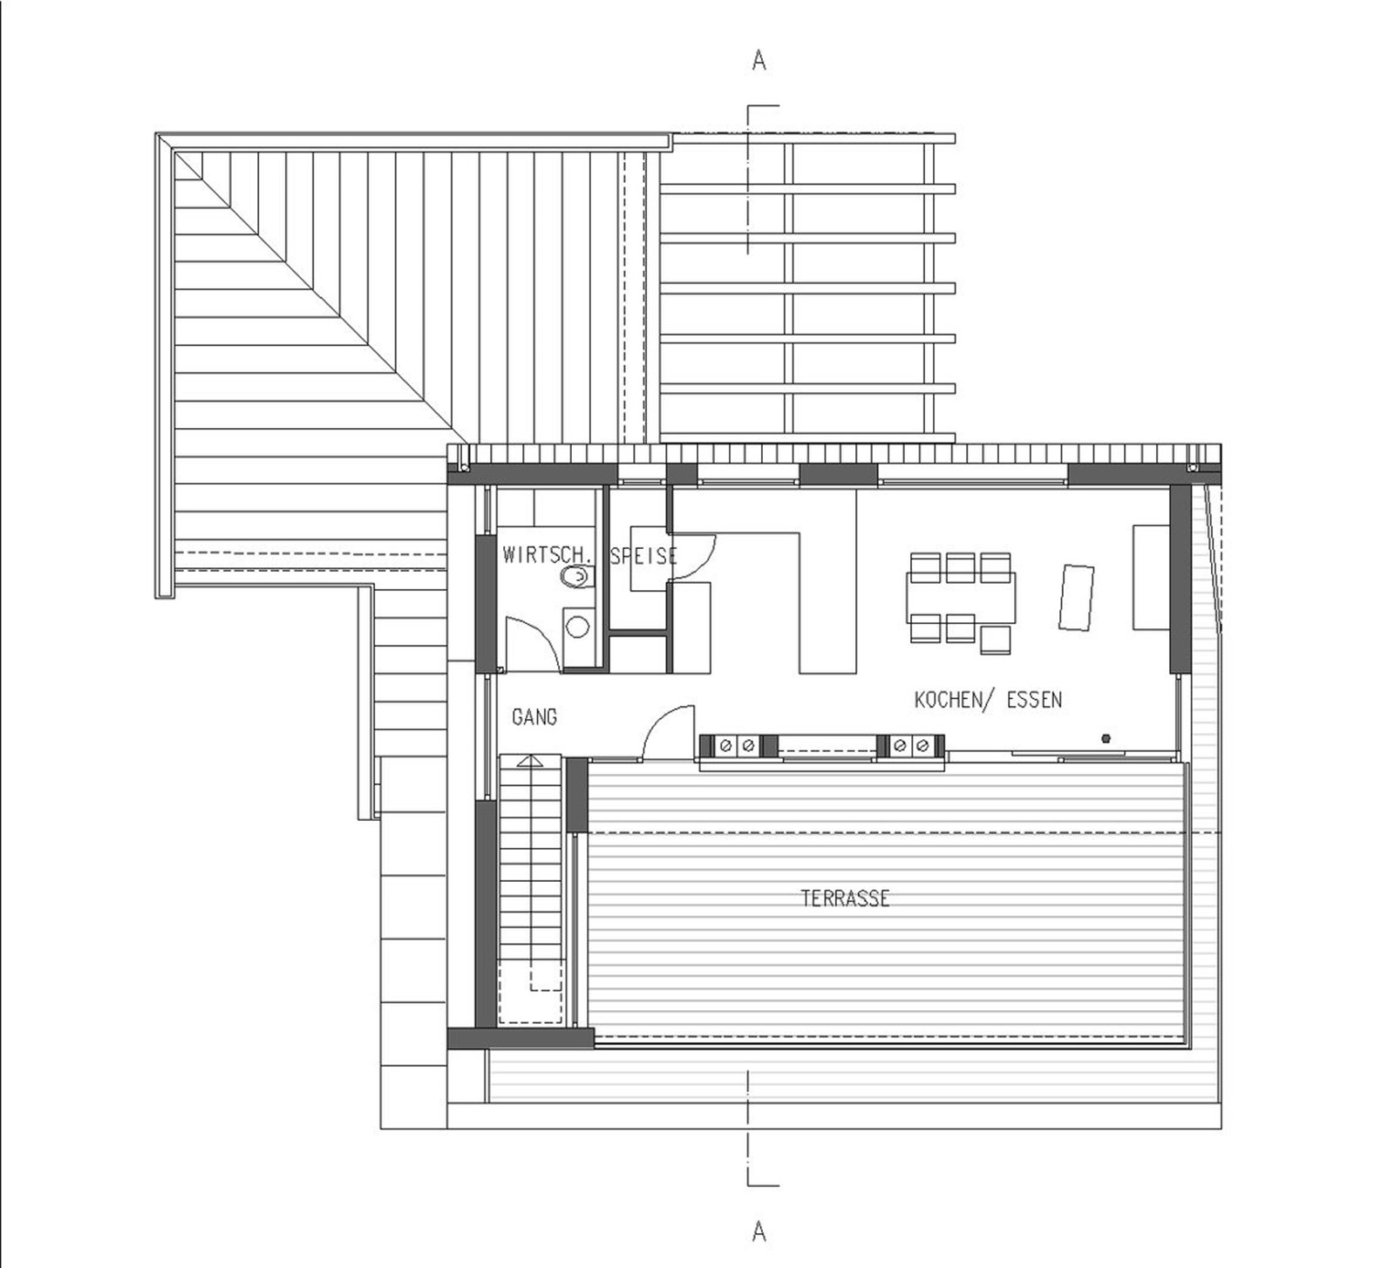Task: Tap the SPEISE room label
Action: [x=644, y=556]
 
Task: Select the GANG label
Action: [x=534, y=717]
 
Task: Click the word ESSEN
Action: [x=1035, y=700]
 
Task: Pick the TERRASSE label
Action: [x=845, y=898]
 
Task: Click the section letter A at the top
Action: [x=759, y=61]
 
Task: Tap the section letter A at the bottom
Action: [x=759, y=1231]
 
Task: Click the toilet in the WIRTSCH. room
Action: [x=576, y=576]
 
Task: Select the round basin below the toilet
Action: [x=577, y=626]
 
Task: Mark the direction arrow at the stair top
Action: [x=528, y=761]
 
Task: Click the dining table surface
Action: [x=961, y=597]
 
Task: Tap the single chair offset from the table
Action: [x=995, y=640]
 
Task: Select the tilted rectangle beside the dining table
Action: [x=1077, y=597]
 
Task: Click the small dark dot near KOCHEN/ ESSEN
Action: [x=1107, y=739]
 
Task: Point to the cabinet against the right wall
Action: [x=1151, y=576]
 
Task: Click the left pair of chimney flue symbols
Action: [x=738, y=746]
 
